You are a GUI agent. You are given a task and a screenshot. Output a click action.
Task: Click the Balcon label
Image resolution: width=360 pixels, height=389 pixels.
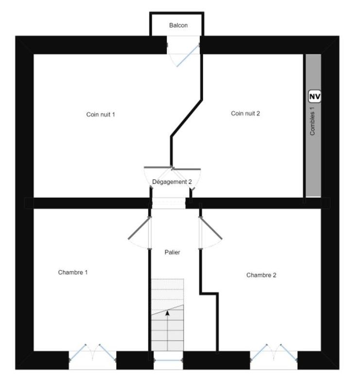[178, 25]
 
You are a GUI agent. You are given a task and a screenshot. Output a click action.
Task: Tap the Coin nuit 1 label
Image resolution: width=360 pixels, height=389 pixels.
[101, 115]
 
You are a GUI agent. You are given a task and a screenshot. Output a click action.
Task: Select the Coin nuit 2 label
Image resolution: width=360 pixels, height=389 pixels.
[245, 113]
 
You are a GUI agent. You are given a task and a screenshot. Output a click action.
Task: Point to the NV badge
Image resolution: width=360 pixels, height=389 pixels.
[315, 96]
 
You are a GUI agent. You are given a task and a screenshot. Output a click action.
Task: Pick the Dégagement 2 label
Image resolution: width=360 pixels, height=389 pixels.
[172, 182]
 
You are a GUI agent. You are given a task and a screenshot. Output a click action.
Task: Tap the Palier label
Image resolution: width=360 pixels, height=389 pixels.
[172, 252]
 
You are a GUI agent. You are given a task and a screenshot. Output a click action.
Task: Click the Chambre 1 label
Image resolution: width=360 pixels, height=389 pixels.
[73, 272]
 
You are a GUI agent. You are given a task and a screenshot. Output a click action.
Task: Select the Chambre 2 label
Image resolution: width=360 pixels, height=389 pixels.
[261, 275]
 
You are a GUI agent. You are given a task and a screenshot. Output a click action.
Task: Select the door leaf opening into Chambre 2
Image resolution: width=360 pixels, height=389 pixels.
[211, 228]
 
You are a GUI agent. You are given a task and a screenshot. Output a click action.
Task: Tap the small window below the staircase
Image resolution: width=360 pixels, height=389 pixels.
[168, 360]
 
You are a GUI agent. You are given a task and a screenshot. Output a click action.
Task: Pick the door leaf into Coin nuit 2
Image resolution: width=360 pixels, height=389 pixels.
[187, 169]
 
